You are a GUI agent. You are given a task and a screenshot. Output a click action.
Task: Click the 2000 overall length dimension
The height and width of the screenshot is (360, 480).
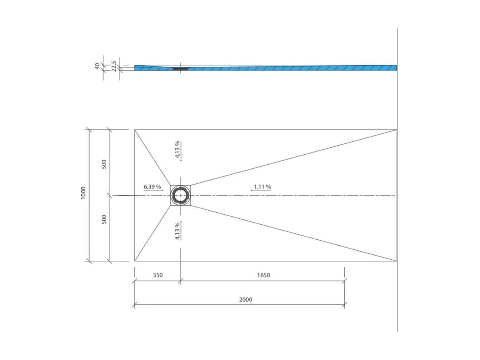coord(246,300)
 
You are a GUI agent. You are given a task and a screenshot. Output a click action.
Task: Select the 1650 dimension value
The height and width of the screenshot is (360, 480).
coord(263,275)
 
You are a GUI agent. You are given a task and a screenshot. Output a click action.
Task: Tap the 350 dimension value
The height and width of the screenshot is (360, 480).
coord(157,275)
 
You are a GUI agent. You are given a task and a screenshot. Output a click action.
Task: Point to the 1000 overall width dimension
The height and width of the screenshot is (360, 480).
coord(83,193)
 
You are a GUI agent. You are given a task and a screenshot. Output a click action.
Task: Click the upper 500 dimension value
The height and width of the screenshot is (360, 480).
coord(104,164)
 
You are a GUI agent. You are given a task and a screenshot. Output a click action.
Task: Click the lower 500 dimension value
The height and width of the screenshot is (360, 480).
coord(104,219)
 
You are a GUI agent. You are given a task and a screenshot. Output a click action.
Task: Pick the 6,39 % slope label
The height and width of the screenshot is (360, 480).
coord(152,187)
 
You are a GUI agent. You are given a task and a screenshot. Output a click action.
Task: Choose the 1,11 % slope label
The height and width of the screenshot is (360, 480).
coord(262,187)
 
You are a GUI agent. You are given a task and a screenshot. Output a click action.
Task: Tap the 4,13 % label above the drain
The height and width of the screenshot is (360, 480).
coord(177,149)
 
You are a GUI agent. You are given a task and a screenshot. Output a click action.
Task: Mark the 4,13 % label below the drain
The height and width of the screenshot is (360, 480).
coord(177,231)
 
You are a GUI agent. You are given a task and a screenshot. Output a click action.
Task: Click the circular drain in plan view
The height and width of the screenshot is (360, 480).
coord(181,195)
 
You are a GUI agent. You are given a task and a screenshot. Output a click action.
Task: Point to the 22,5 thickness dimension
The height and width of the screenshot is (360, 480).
coord(114,66)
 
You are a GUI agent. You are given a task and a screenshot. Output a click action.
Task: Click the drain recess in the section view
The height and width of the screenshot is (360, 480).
coord(181,68)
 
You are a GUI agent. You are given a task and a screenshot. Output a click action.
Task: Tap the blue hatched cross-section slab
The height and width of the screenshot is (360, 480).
coord(286,68)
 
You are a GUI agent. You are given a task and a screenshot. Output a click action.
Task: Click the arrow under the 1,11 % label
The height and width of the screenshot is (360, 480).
coord(260,191)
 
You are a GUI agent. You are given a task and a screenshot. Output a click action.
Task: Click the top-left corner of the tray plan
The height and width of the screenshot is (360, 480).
coord(134,129)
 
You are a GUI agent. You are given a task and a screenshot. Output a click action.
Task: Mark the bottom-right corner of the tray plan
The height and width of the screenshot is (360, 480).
coord(397,261)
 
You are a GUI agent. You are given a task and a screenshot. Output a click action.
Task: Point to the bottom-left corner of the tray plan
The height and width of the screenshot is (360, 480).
coord(134,261)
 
